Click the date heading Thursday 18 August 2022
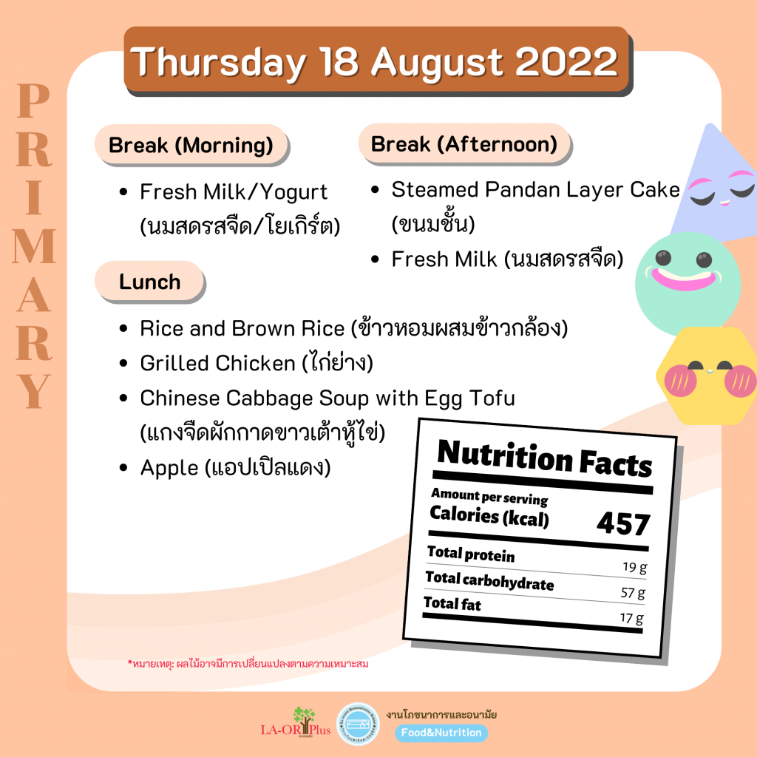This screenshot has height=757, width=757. [x=374, y=62]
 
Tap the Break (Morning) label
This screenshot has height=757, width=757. [x=191, y=145]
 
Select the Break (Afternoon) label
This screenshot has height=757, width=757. [x=464, y=144]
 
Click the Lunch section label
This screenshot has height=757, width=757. [x=149, y=282]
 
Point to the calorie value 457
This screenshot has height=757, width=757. [x=623, y=523]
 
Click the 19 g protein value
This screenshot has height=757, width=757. [x=634, y=567]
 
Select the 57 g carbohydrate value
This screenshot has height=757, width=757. [x=633, y=593]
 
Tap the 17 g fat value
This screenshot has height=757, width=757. [x=631, y=618]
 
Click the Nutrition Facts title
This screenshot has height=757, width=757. [x=545, y=458]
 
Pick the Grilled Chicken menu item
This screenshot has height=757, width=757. [x=257, y=363]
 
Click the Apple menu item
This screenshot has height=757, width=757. [x=235, y=467]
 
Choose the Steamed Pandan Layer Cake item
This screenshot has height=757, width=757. [x=535, y=189]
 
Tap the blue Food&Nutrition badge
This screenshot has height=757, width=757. [x=441, y=733]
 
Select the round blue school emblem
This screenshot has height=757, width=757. [x=358, y=724]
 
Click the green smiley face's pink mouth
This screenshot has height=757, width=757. [x=684, y=279]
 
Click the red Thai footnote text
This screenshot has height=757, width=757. [x=248, y=664]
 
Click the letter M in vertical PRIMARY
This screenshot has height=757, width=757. [x=34, y=246]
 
